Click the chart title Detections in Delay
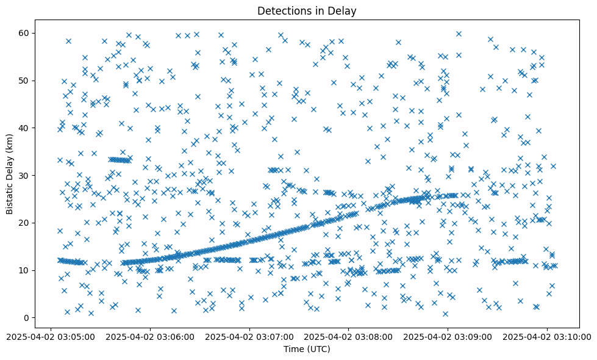(307, 10)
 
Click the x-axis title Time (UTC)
(307, 349)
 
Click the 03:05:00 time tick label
(51, 336)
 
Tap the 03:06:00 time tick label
(151, 336)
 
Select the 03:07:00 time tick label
(249, 336)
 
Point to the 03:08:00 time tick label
(349, 336)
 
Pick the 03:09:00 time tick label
(448, 336)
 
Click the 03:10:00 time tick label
(547, 336)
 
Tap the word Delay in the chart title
(344, 10)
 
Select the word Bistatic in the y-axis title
(10, 195)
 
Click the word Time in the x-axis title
(293, 349)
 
